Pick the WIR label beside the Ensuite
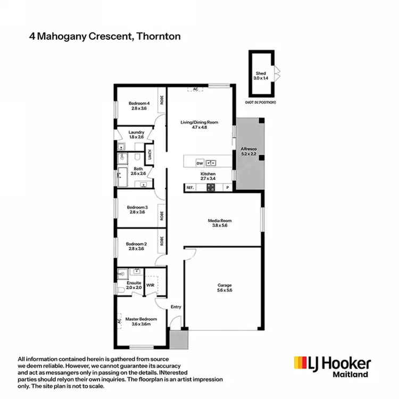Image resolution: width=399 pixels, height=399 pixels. pos(150,285)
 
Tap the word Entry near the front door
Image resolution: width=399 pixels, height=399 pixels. pos(176,307)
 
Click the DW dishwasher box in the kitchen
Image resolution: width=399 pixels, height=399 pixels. pos(200,163)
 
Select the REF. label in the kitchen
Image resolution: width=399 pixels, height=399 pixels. pos(190,187)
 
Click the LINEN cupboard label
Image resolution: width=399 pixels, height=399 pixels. pos(150,155)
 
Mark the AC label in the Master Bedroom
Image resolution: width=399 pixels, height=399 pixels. pos(120,321)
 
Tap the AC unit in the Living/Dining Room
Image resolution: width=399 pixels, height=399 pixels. pos(196,89)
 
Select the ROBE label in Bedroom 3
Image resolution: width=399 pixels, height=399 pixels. pos(161,216)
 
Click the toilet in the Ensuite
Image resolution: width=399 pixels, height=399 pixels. pos(121,288)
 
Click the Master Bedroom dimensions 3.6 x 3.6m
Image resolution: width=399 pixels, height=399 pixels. pos(139,324)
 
